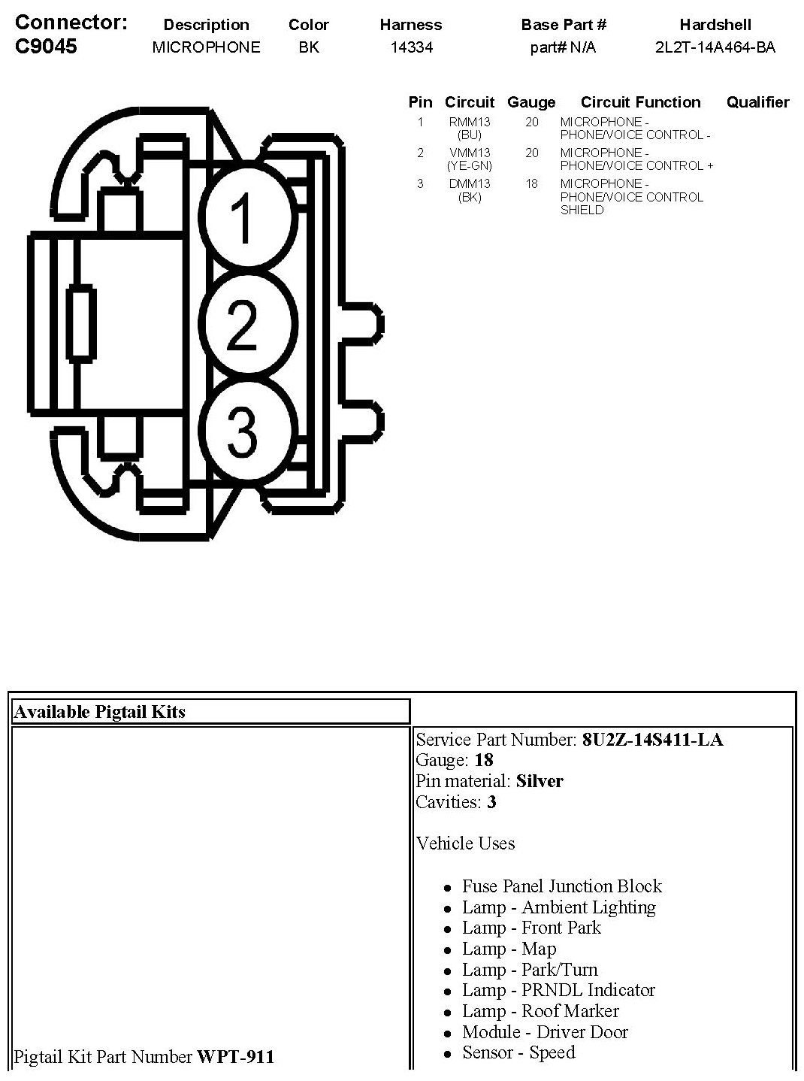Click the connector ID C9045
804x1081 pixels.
[x=47, y=47]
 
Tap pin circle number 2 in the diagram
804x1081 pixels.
[x=241, y=324]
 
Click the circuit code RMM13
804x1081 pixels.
[x=470, y=122]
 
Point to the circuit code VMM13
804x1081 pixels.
[x=470, y=153]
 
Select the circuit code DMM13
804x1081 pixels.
[x=470, y=183]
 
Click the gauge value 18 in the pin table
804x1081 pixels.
[x=532, y=183]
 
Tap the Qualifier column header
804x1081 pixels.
[x=757, y=102]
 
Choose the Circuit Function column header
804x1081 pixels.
[x=640, y=102]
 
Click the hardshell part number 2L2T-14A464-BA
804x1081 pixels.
[x=715, y=47]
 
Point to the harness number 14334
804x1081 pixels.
[x=411, y=47]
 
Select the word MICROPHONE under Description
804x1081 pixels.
[x=206, y=47]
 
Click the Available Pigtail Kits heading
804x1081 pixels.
[x=99, y=712]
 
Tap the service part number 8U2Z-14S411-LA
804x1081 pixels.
[x=652, y=740]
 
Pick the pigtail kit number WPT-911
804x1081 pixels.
[x=235, y=1057]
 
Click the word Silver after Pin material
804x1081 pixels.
[x=540, y=781]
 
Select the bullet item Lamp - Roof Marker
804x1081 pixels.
[x=540, y=1011]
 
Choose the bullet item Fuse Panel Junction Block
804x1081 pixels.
[x=562, y=886]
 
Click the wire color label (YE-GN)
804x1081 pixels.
[x=470, y=165]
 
